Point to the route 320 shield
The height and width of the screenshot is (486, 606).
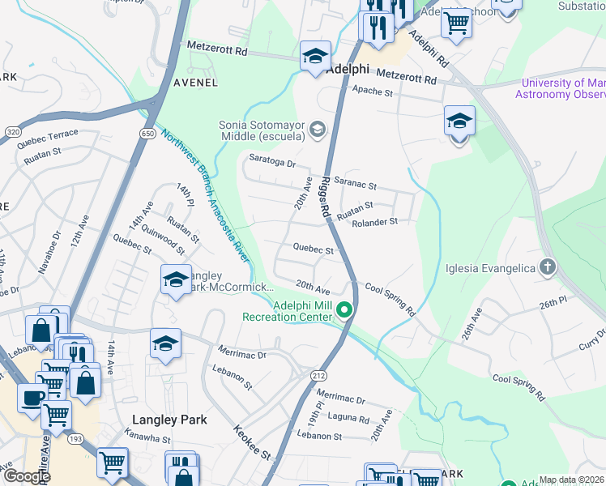click(12, 130)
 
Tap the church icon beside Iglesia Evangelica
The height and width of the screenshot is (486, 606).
click(548, 267)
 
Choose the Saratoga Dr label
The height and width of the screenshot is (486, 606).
click(273, 161)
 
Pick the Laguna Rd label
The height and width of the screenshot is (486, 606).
click(349, 419)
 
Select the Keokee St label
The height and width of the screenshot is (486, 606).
click(252, 442)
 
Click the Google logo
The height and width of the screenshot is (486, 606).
click(26, 475)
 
